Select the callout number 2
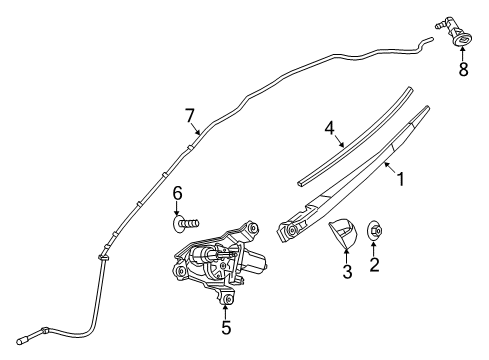tap(376, 264)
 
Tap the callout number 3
tap(348, 272)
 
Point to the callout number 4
tap(327, 129)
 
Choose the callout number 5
tap(226, 326)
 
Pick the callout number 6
tap(177, 192)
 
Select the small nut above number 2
tap(375, 229)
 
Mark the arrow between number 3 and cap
tap(348, 255)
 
